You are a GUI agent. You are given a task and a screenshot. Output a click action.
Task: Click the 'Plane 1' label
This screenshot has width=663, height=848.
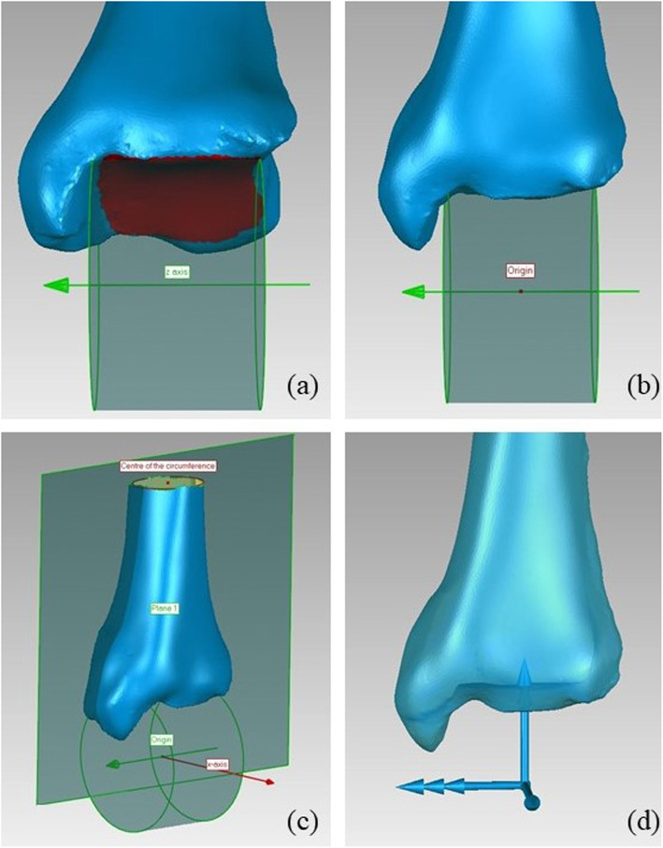pyautogui.click(x=166, y=607)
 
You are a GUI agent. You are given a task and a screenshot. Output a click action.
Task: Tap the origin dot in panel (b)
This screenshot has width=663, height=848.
pyautogui.click(x=521, y=291)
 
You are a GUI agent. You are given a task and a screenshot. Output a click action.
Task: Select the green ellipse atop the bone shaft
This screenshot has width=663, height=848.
pyautogui.click(x=167, y=482)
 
